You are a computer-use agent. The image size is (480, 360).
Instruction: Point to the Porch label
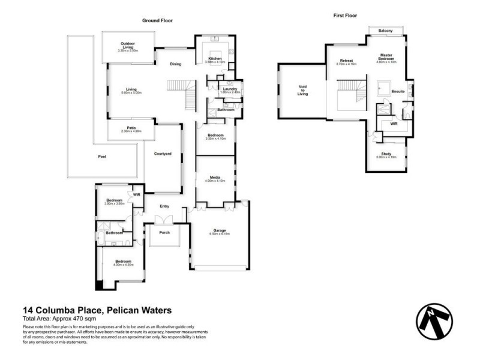(x=164, y=232)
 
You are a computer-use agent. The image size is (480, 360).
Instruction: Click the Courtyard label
(x=163, y=154)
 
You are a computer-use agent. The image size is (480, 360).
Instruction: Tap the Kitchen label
(x=214, y=58)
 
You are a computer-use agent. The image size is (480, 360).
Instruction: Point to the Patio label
(x=131, y=127)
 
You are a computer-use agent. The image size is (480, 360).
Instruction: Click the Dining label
(x=175, y=64)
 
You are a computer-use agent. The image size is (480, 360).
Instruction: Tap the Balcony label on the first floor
(x=385, y=31)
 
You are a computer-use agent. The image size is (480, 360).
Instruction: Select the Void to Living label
(x=303, y=90)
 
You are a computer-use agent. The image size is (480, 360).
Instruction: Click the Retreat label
(x=346, y=61)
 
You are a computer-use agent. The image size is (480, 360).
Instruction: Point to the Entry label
(x=164, y=206)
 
